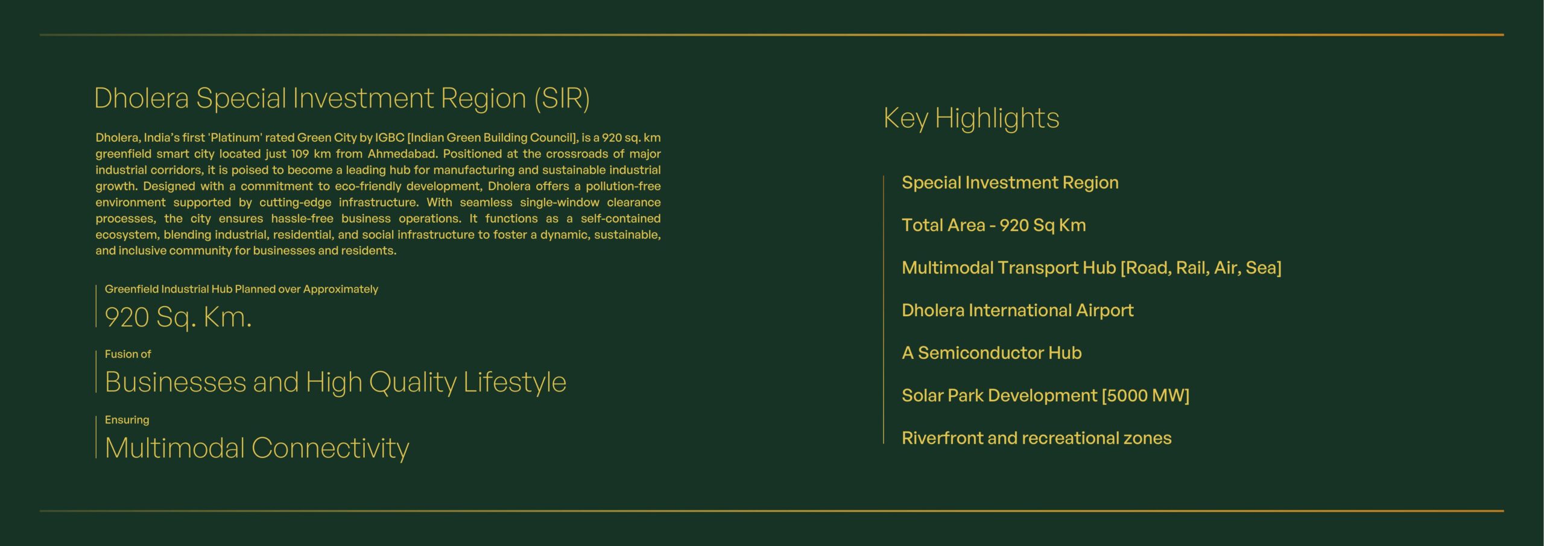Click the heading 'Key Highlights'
pyautogui.click(x=971, y=118)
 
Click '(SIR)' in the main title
pyautogui.click(x=562, y=98)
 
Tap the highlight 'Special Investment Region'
pyautogui.click(x=1010, y=182)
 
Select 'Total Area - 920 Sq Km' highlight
pyautogui.click(x=994, y=225)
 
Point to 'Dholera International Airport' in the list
pyautogui.click(x=1017, y=310)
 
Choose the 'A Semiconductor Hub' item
pyautogui.click(x=992, y=352)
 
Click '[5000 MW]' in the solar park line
pyautogui.click(x=1145, y=396)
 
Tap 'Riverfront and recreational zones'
pyautogui.click(x=1036, y=438)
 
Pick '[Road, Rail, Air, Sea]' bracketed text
pyautogui.click(x=1201, y=268)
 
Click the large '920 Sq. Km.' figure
pyautogui.click(x=178, y=317)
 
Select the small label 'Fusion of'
pyautogui.click(x=128, y=354)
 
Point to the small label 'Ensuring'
pyautogui.click(x=127, y=420)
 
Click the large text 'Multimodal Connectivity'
pyautogui.click(x=257, y=448)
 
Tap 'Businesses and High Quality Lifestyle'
pyautogui.click(x=335, y=383)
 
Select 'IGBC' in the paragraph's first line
pyautogui.click(x=390, y=138)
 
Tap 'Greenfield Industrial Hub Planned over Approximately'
pyautogui.click(x=241, y=289)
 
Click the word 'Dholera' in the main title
pyautogui.click(x=142, y=98)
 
